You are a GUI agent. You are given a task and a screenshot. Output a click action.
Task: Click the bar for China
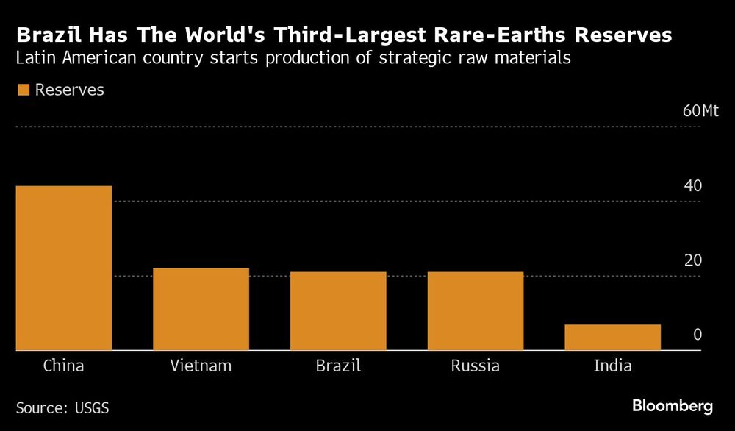click(x=64, y=268)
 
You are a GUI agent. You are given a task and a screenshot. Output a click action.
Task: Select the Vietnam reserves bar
click(x=201, y=310)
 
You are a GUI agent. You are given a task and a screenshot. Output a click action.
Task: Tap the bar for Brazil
click(x=338, y=311)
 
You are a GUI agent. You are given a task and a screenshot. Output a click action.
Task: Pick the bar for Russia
click(x=475, y=311)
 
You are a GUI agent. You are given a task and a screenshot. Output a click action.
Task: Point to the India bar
click(x=612, y=338)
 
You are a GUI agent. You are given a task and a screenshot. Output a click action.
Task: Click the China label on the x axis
click(x=64, y=366)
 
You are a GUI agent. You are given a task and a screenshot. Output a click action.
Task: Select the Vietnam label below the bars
click(x=201, y=366)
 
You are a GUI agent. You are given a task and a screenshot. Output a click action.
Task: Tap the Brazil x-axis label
click(x=338, y=366)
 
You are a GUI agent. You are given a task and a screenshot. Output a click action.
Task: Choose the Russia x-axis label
click(x=475, y=366)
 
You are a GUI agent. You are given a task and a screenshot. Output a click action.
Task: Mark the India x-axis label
click(x=612, y=366)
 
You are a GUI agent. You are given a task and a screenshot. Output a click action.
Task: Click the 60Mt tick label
click(x=700, y=112)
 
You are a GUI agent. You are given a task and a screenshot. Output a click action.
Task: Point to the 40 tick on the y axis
click(x=692, y=186)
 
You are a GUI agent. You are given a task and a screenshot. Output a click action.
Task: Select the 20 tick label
click(x=692, y=260)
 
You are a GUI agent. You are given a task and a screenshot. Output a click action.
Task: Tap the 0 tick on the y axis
click(x=697, y=335)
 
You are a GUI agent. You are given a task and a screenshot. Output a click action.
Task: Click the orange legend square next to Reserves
click(x=23, y=90)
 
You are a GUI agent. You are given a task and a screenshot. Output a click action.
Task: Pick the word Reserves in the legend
click(x=70, y=90)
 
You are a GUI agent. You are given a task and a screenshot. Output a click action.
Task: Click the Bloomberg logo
click(x=673, y=405)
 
